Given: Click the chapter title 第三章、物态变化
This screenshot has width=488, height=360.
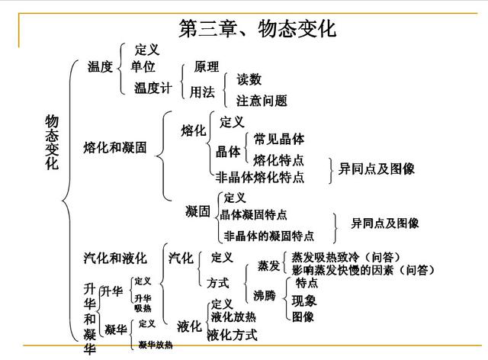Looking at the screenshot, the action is (x=258, y=29).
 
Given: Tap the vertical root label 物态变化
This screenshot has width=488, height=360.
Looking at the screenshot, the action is (x=52, y=143).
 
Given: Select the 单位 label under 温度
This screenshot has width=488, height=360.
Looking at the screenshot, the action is (x=143, y=66).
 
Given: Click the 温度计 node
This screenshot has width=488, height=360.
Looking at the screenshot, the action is (x=153, y=88).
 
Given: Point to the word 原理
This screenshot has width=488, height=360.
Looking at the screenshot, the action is (x=207, y=66).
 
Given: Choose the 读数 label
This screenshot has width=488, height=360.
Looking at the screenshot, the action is (x=249, y=79).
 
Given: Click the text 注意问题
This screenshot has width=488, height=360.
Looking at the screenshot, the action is (x=262, y=101).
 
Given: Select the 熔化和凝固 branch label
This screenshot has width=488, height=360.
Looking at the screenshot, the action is (x=115, y=147).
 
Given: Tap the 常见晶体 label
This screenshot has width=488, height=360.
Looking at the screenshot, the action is (x=279, y=139).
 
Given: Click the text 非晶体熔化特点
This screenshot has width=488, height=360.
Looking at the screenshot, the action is (x=260, y=177).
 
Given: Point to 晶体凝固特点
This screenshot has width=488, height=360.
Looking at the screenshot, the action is (x=253, y=214).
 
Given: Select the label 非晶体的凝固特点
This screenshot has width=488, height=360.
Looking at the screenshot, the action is (x=269, y=236).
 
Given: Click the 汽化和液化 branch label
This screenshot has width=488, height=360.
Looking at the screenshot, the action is (x=115, y=258).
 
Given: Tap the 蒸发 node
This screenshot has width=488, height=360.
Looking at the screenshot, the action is (x=268, y=266).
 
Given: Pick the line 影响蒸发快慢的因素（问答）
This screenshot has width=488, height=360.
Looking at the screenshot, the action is (x=363, y=270).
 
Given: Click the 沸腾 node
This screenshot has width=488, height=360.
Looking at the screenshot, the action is (x=265, y=295).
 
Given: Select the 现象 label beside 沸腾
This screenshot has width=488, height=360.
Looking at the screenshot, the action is (x=304, y=301).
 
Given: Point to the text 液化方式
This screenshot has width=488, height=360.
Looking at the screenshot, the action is (x=233, y=335).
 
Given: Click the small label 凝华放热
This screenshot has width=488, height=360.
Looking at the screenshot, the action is (x=156, y=345).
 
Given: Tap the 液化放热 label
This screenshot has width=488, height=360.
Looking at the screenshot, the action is (x=233, y=317).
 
